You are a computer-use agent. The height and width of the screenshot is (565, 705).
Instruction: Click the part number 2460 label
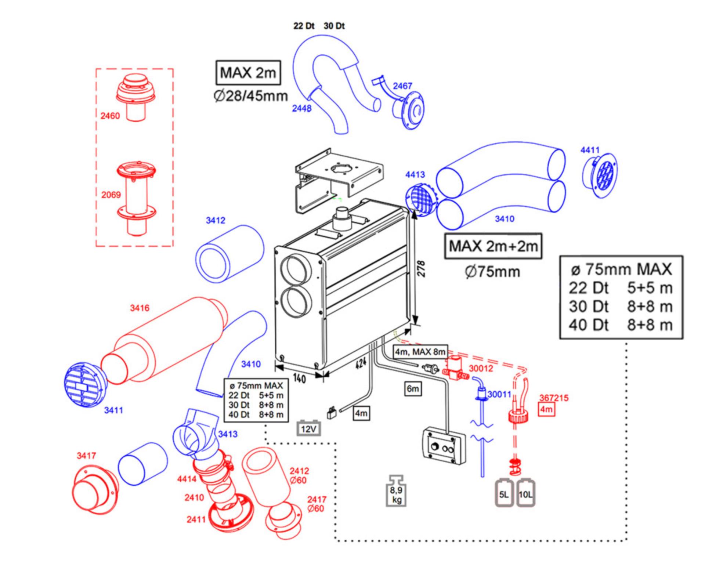110,116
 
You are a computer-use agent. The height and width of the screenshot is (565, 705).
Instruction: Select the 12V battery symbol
308,428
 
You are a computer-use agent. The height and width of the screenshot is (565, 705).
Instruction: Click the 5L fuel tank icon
504,493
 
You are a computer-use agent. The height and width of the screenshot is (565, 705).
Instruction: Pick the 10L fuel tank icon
525,493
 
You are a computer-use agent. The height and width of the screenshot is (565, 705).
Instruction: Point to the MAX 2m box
248,73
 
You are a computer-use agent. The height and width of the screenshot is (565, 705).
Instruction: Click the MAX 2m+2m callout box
493,246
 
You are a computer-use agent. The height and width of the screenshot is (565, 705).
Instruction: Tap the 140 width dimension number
300,378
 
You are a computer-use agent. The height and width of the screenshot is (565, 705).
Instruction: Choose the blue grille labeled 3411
86,385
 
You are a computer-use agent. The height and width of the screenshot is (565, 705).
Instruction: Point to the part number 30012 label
481,369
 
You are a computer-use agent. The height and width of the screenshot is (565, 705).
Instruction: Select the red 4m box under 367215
546,409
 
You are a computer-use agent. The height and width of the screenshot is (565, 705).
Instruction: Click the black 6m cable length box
413,389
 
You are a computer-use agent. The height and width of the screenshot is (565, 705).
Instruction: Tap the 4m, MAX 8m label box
420,352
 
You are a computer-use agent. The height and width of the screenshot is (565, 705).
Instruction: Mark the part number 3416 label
140,308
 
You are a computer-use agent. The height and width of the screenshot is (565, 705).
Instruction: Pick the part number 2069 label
111,195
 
